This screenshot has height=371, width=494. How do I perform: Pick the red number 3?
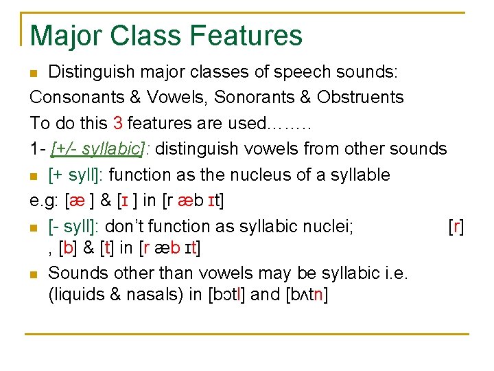coord(117,123)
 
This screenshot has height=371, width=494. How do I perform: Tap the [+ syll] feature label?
coord(75,175)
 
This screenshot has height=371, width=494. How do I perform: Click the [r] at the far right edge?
coord(456,226)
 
